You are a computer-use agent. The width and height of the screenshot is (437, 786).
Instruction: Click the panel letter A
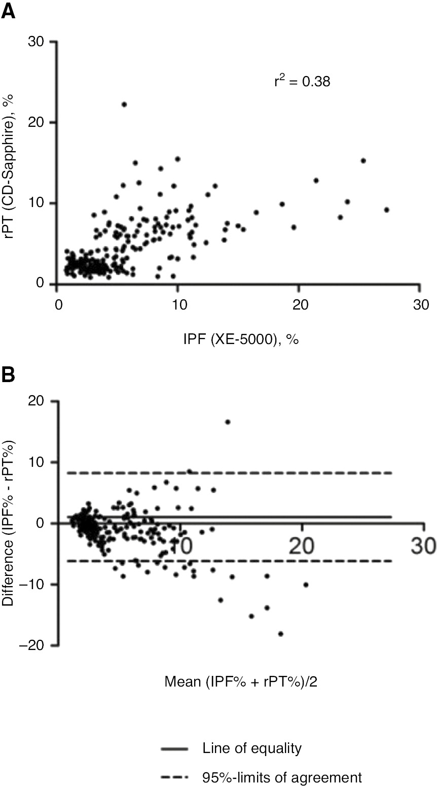tap(8, 11)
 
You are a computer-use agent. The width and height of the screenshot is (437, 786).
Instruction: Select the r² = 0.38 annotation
tap(302, 81)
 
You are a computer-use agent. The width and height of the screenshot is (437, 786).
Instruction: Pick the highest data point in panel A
tap(124, 104)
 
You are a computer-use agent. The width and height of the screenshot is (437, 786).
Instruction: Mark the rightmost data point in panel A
tap(386, 210)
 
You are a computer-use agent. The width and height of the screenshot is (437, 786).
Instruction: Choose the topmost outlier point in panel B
tap(228, 422)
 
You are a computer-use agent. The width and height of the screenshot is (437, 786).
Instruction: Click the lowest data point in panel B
tap(280, 634)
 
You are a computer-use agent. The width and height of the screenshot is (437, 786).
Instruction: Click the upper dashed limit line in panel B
tap(304, 473)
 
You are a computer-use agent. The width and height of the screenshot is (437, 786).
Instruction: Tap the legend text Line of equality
tap(252, 748)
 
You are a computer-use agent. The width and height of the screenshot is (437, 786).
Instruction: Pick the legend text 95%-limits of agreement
tap(282, 777)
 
